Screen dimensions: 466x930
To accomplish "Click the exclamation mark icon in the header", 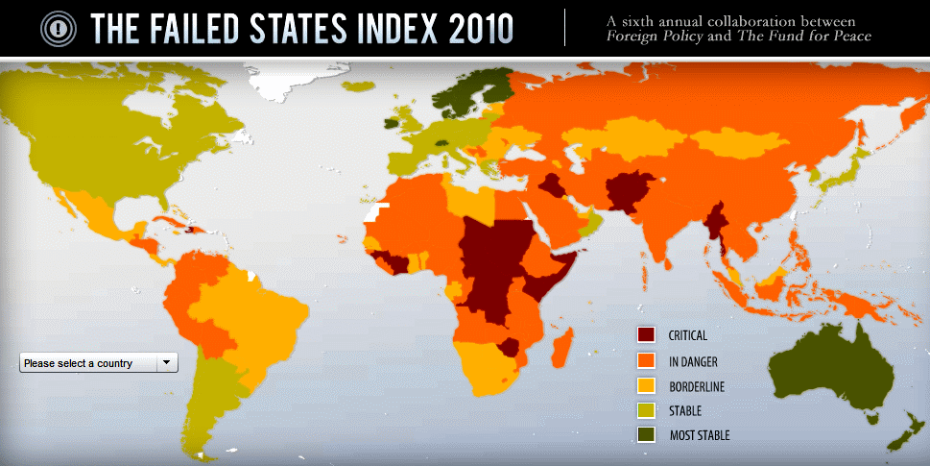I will coord(60,28).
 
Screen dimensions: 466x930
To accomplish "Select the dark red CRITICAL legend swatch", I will coord(646,335).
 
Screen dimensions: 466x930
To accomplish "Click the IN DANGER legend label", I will coord(693,361).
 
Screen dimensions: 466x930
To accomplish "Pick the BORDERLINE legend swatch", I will coord(646,386).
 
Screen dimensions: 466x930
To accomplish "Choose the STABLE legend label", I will coord(684,411).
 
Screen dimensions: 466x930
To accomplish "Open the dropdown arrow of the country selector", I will coord(166,362).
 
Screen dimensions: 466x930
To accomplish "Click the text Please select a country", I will coord(79,363).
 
